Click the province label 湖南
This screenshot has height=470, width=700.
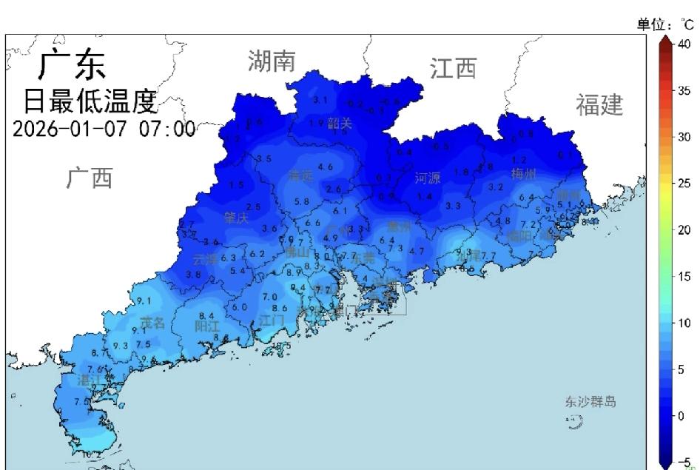[x=272, y=61]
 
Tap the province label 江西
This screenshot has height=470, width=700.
[x=453, y=69]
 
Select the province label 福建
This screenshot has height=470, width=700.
[x=599, y=105]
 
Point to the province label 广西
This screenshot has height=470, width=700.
[x=90, y=178]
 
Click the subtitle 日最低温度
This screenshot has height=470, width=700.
[x=90, y=99]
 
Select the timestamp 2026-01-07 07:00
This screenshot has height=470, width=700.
[x=104, y=129]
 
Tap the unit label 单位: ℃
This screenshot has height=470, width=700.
[x=665, y=25]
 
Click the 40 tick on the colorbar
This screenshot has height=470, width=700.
[x=684, y=44]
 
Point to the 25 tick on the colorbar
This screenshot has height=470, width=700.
[x=684, y=183]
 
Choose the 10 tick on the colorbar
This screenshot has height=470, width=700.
[x=684, y=323]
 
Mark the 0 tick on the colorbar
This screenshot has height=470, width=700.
[x=682, y=415]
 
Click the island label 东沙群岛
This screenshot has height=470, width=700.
[x=590, y=402]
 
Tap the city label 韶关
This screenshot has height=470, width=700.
[x=340, y=124]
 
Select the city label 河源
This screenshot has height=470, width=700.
[x=428, y=178]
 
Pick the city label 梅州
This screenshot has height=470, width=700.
[x=524, y=174]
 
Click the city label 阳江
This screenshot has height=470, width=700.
[x=207, y=326]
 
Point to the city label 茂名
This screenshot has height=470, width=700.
[x=152, y=323]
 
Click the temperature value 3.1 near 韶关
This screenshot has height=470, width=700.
[x=320, y=101]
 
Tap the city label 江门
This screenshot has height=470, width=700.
[x=272, y=320]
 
